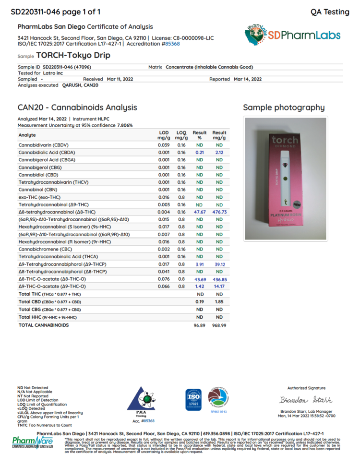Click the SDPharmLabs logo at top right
293,35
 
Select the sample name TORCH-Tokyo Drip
73,55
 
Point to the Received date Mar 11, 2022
120,79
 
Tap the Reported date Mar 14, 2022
247,79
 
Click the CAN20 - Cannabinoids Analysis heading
77,108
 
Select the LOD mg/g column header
164,135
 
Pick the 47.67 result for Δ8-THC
200,212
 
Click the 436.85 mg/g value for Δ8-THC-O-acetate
219,279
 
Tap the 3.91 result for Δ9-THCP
200,264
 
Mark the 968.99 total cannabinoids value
219,325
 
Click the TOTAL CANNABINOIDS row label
43,325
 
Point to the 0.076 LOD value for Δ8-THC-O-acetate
164,279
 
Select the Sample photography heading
284,108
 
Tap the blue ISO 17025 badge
193,399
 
